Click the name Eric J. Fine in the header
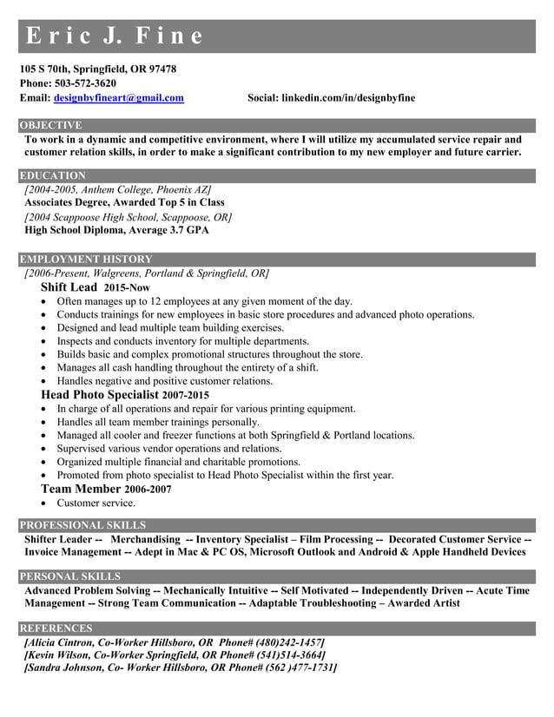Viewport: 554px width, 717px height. click(x=115, y=36)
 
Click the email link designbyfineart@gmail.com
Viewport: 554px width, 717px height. click(x=119, y=98)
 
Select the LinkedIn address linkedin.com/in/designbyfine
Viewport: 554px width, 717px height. click(x=348, y=98)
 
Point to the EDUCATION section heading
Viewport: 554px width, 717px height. click(x=53, y=175)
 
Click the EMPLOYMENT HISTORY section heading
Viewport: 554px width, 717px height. click(x=86, y=260)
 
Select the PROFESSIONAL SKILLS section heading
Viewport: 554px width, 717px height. click(x=82, y=525)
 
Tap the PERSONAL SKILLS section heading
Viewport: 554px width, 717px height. click(x=70, y=576)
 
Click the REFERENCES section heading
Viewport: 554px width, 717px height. click(x=56, y=628)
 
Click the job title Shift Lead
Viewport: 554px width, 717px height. click(x=69, y=287)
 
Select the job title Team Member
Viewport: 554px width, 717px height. click(x=81, y=490)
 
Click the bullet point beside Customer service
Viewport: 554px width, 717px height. click(x=44, y=503)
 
